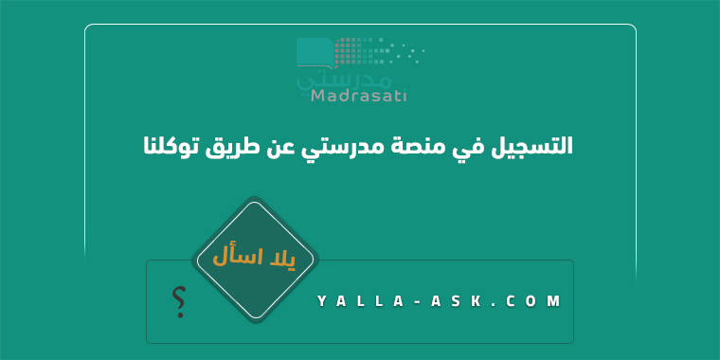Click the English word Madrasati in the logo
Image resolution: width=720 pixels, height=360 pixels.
pos(359,96)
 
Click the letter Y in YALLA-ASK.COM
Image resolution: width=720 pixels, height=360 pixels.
pos(322,301)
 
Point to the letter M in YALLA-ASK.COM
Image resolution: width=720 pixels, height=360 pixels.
pos(554,301)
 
